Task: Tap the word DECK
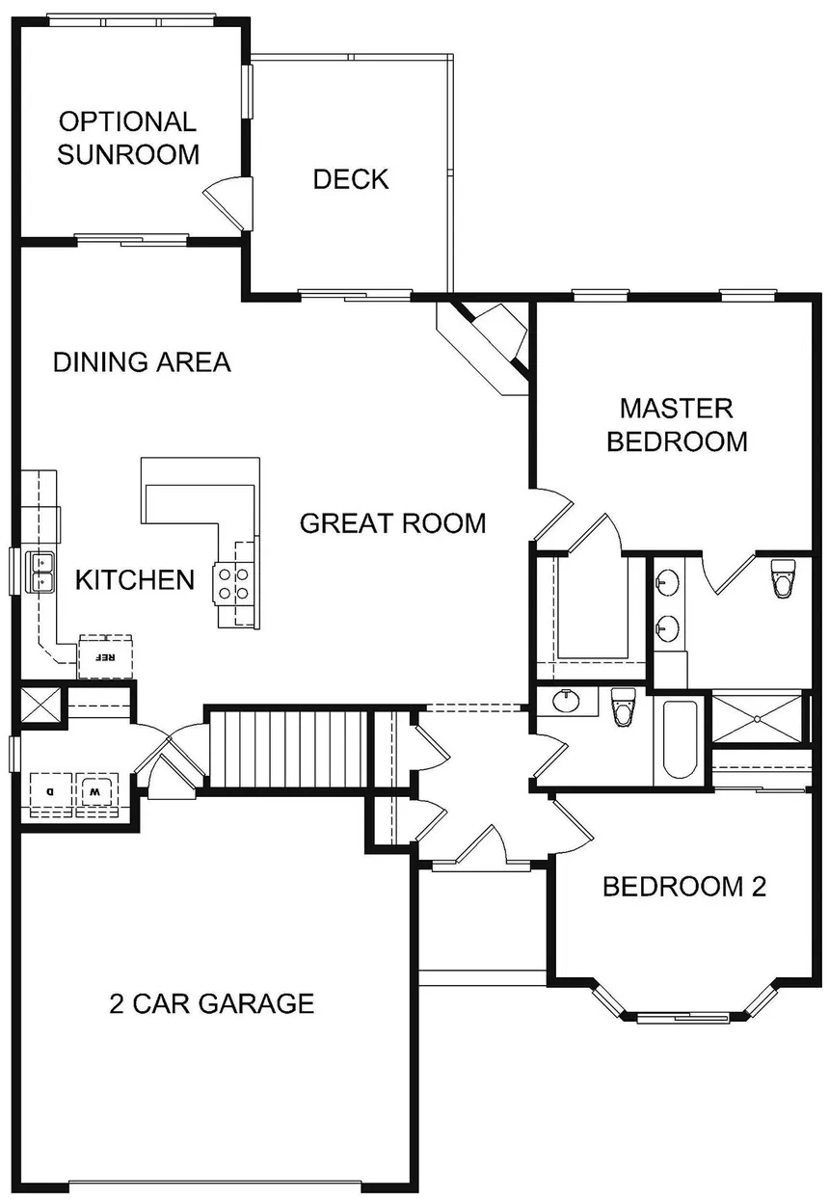[x=351, y=179]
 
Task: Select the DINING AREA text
[x=142, y=362]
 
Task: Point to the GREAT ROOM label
[x=392, y=523]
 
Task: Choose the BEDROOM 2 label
[x=683, y=887]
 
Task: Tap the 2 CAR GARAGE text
[x=211, y=1003]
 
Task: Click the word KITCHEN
[x=135, y=580]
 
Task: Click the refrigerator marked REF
[x=105, y=657]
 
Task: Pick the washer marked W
[x=96, y=790]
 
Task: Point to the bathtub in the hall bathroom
[x=680, y=740]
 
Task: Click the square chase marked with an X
[x=41, y=703]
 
